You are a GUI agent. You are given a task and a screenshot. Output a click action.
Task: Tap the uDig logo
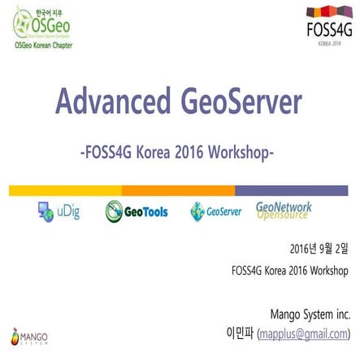coord(59,212)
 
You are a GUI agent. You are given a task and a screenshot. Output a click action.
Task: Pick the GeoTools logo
coord(137,212)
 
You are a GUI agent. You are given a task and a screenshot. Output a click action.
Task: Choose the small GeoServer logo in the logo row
coord(215,212)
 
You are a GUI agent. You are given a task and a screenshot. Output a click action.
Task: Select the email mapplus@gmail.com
coord(304,311)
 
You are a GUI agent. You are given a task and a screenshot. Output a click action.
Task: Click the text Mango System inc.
coord(310,290)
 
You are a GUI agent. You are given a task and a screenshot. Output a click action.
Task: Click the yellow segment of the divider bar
coord(65,190)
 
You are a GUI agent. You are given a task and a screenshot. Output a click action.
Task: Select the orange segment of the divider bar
coord(178,190)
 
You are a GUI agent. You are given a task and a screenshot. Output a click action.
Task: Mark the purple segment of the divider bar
coord(292,190)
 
